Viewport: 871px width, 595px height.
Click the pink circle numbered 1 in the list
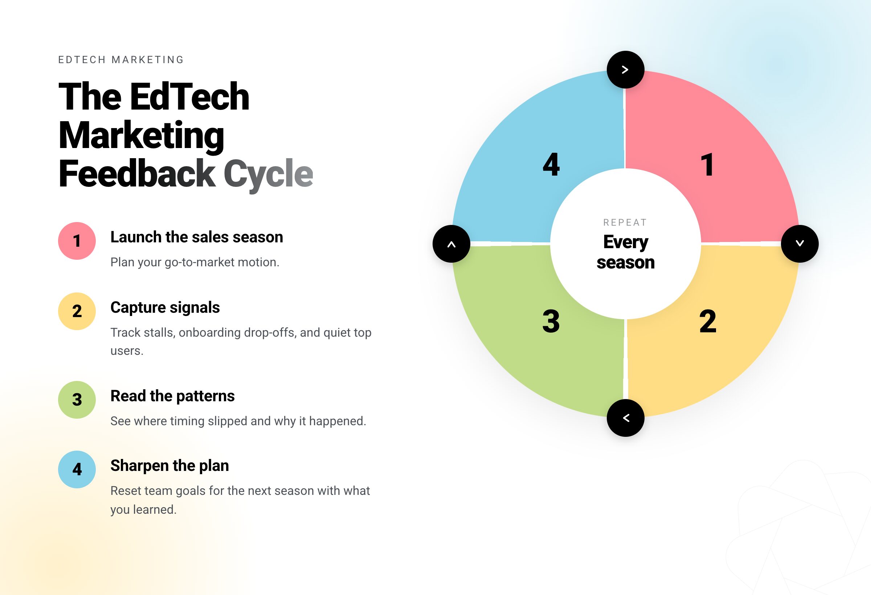tap(77, 241)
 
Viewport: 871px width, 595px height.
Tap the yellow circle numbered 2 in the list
tap(77, 311)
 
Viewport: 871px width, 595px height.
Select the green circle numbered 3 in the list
tap(77, 400)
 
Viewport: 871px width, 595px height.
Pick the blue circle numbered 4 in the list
tap(77, 469)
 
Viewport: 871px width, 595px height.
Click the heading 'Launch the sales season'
tap(197, 237)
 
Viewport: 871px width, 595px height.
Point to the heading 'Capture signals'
tap(165, 308)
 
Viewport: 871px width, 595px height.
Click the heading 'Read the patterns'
tap(172, 396)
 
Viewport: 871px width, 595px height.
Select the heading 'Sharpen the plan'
tap(169, 466)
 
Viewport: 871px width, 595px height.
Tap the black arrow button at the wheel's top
tap(626, 70)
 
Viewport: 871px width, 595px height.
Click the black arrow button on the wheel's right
tap(800, 244)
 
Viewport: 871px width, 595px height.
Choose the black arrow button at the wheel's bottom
tap(626, 418)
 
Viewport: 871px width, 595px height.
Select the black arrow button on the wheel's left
tap(451, 244)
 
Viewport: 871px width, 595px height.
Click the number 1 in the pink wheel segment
tap(708, 164)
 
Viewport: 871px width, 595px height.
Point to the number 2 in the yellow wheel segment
tap(708, 321)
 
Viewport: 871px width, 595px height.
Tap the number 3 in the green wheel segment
tap(551, 321)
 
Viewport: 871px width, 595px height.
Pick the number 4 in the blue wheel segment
tap(551, 164)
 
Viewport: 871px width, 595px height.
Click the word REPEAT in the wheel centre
tap(625, 222)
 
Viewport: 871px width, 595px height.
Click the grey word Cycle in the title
tap(268, 174)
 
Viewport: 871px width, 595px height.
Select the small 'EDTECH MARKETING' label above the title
tap(121, 60)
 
